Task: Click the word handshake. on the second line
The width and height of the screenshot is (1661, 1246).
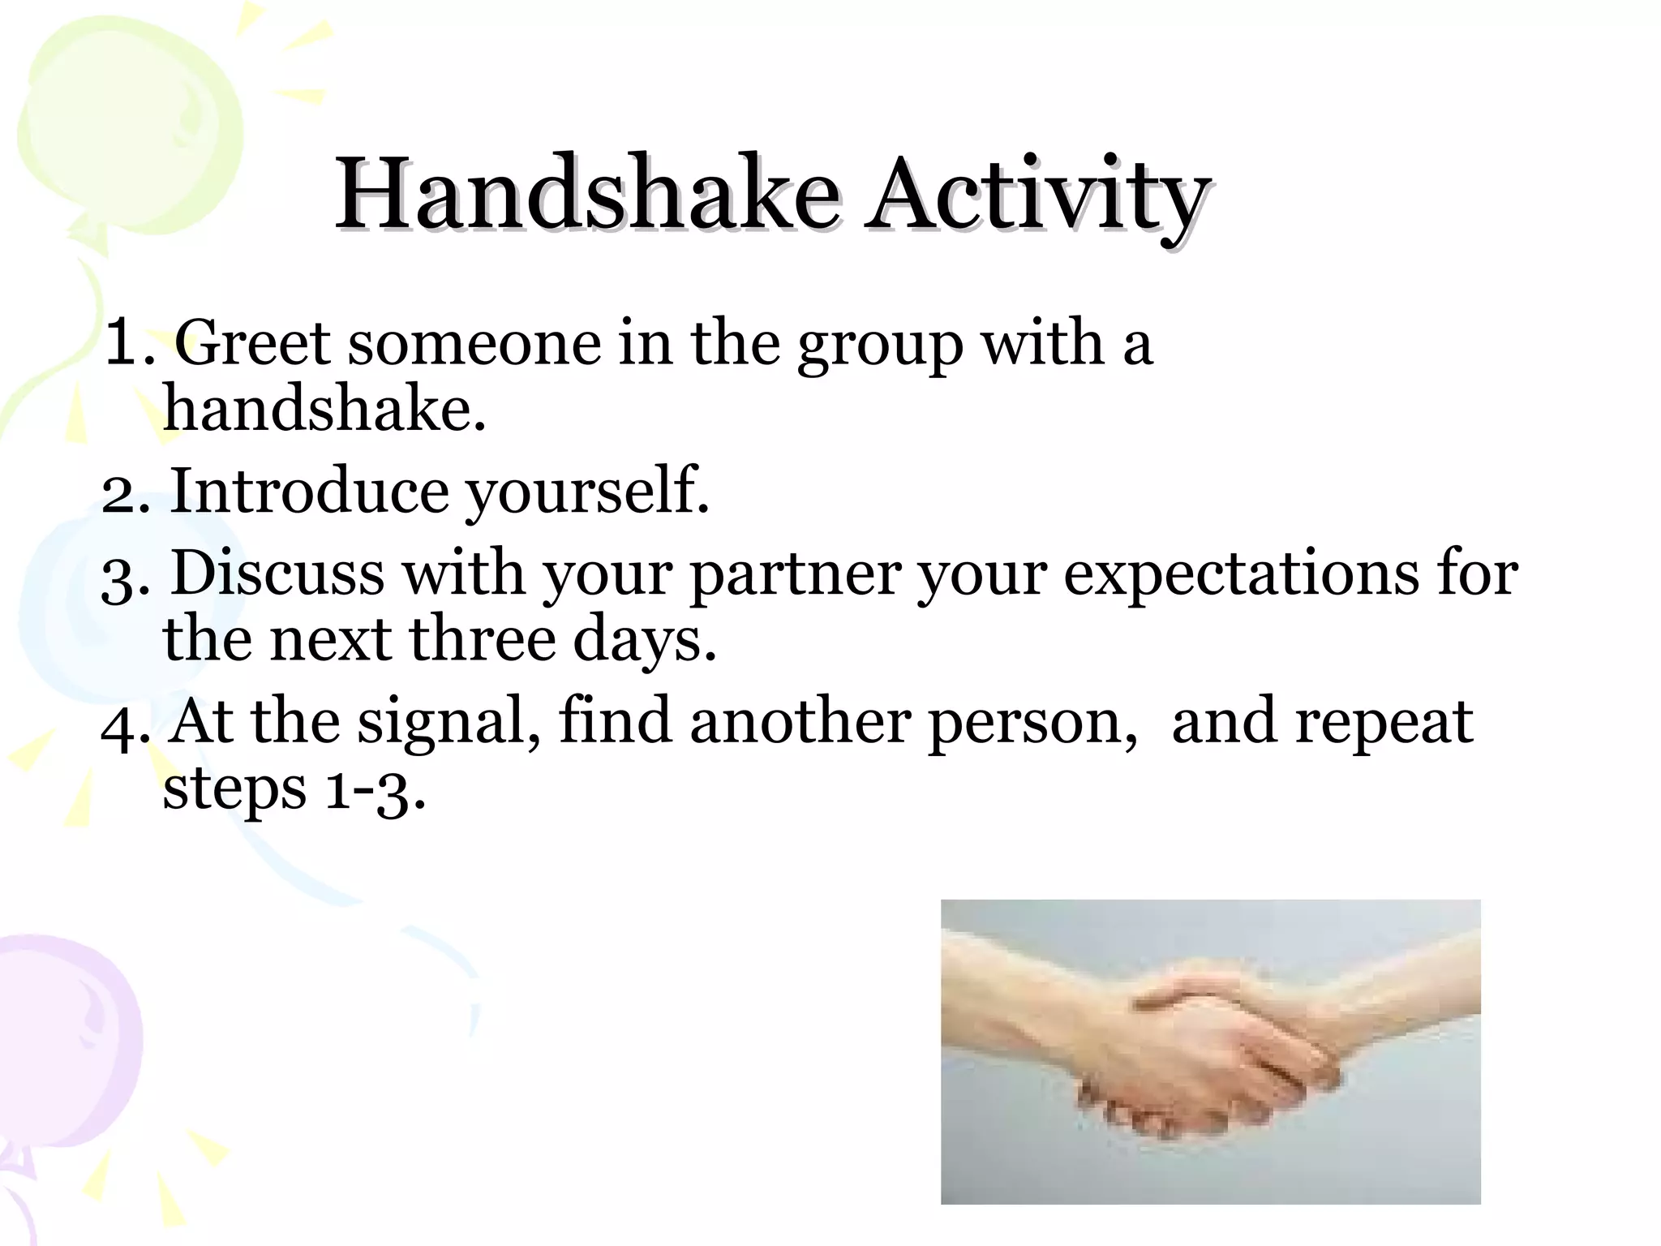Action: pos(324,408)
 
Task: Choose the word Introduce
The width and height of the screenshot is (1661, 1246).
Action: pos(309,492)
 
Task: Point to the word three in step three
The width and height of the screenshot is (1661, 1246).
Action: pos(483,639)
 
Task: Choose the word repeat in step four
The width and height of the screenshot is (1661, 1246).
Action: pos(1383,724)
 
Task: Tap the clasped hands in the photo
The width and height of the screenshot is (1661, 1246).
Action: pos(1217,1055)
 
